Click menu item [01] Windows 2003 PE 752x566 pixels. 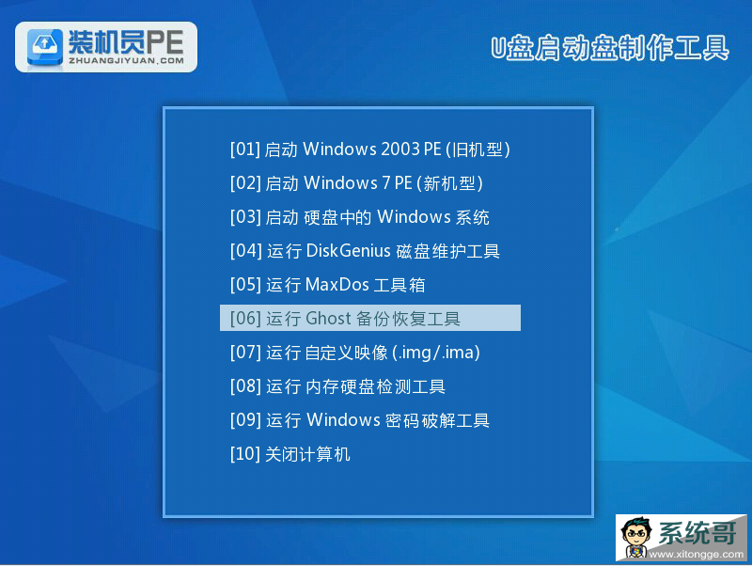point(369,149)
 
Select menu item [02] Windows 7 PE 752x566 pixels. point(356,183)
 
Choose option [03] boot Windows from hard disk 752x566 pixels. point(360,217)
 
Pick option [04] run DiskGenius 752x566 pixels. point(365,251)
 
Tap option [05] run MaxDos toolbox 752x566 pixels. point(327,285)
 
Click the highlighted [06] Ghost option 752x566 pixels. point(369,318)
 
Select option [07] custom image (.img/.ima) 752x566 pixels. point(355,353)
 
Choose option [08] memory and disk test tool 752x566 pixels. point(337,386)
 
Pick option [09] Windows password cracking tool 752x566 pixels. point(360,420)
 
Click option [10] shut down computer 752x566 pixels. point(290,454)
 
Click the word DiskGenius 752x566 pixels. point(348,250)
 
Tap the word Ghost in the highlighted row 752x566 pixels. point(328,318)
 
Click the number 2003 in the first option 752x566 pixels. point(400,149)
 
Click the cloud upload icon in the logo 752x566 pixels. point(45,46)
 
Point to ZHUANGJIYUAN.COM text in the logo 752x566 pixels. point(126,61)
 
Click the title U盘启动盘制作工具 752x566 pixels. point(609,48)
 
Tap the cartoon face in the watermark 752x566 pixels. point(637,536)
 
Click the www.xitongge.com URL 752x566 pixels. point(697,555)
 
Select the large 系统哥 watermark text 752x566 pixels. point(697,533)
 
